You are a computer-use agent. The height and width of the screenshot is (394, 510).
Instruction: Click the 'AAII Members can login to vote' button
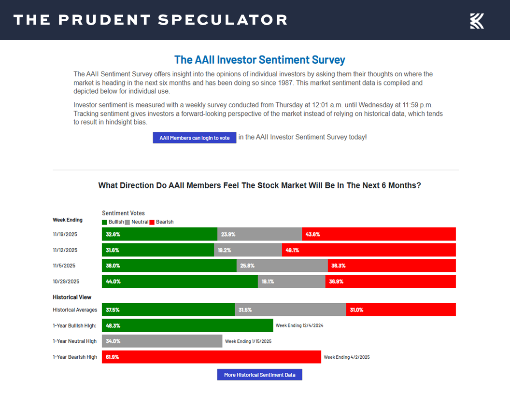(195, 138)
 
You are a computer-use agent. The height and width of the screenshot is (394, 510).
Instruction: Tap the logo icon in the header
(477, 21)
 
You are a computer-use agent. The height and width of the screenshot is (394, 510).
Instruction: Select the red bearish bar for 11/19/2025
(379, 234)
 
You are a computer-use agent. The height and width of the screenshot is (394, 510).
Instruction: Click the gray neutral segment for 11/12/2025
(248, 250)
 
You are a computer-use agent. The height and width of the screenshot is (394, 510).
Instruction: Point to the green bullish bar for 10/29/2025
(180, 281)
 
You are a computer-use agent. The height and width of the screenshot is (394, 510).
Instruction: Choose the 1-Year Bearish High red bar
(211, 357)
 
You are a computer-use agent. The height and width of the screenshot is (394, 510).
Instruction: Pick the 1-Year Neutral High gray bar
(162, 341)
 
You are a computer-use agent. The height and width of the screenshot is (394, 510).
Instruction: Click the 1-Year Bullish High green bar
(187, 325)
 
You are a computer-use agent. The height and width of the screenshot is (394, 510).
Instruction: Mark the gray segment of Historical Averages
(290, 310)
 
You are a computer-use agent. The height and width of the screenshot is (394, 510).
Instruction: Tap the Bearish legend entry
(162, 222)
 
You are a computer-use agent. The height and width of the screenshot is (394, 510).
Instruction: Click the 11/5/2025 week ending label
(64, 266)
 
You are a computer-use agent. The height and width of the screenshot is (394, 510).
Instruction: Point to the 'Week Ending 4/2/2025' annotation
(346, 357)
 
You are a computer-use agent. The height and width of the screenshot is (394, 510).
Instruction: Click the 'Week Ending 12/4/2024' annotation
(299, 325)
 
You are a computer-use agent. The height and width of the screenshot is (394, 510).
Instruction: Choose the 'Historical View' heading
(72, 297)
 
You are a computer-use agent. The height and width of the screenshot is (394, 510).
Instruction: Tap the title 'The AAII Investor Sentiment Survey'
(259, 60)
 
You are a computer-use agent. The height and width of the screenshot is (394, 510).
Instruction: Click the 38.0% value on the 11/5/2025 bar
(113, 266)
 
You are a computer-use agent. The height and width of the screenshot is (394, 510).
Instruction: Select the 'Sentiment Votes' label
(123, 213)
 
